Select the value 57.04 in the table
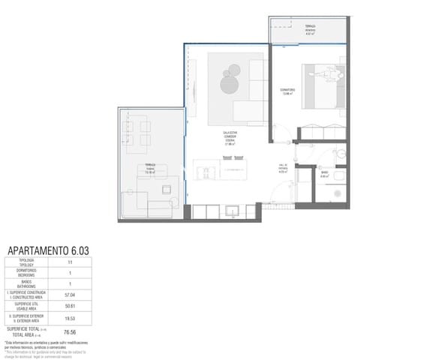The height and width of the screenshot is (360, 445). tap(70, 295)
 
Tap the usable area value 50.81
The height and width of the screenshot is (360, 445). tap(70, 306)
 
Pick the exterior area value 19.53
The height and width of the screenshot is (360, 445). tap(70, 318)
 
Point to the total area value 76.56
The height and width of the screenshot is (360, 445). tap(70, 331)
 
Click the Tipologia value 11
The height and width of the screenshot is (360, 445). tap(70, 262)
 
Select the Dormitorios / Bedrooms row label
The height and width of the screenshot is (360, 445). tap(27, 273)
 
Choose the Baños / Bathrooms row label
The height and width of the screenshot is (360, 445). tap(27, 284)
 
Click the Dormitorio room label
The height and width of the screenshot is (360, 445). tap(287, 91)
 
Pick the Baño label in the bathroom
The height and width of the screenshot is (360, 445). tap(324, 175)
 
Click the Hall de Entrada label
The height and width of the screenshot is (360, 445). tap(283, 169)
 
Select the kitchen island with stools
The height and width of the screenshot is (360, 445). tap(218, 169)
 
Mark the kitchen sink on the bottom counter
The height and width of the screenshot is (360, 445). tap(231, 211)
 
